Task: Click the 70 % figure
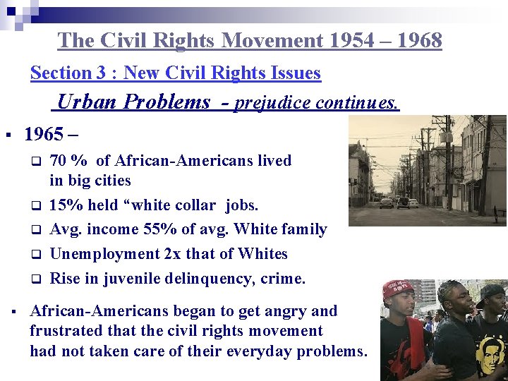click(64, 161)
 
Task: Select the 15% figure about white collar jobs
click(65, 205)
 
